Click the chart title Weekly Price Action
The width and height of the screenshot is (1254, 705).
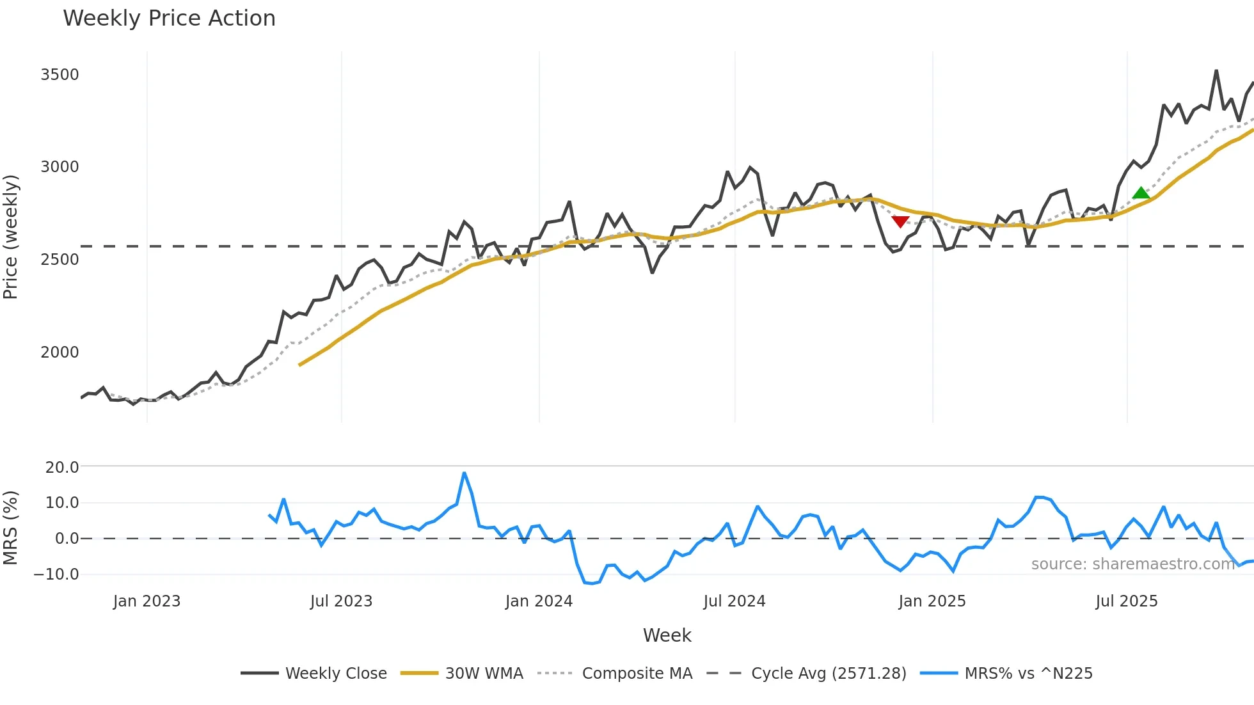169,19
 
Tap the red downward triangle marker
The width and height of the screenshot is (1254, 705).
900,221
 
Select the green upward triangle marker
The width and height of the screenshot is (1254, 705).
1141,193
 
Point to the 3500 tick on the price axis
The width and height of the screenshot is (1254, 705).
60,75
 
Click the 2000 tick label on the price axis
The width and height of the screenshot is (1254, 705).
60,352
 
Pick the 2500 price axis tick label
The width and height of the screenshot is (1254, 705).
60,260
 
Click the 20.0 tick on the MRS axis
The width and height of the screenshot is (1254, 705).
62,467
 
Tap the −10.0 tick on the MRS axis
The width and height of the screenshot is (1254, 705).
56,574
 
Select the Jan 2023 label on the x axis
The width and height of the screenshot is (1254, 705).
147,601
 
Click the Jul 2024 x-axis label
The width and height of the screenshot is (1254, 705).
734,601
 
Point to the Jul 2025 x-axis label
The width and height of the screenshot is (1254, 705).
1126,601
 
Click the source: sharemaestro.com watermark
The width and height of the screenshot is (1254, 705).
1132,564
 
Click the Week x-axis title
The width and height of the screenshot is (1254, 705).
667,635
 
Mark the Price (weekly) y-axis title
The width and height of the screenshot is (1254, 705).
10,237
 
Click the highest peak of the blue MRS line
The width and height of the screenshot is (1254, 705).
464,473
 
